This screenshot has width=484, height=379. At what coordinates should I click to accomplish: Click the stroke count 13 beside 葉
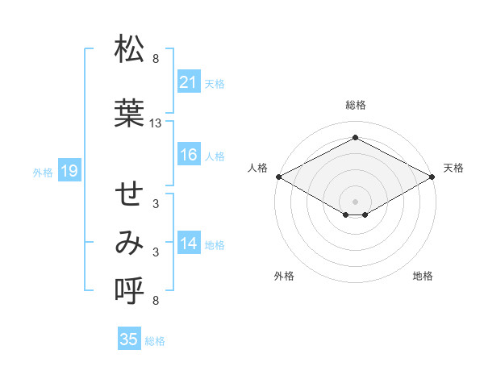point(156,123)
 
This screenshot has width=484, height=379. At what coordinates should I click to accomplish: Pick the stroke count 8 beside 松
point(156,59)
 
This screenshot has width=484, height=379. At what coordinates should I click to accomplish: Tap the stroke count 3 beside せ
point(156,204)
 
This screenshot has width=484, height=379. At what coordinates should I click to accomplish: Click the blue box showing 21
point(189,82)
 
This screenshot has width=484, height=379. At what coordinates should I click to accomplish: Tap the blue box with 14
point(189,244)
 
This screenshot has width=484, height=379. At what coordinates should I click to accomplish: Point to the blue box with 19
point(69,171)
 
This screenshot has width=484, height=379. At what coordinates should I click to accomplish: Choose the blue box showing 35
point(129,339)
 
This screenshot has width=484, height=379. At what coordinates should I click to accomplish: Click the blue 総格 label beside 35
point(155,340)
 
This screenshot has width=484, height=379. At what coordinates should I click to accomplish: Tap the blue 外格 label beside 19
point(43,172)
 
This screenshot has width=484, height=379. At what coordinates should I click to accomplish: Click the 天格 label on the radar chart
point(453,168)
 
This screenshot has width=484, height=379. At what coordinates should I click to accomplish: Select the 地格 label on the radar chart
point(423,276)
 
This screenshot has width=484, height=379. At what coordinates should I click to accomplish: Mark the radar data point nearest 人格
point(278,176)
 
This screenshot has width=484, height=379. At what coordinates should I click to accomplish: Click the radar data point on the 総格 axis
point(355,138)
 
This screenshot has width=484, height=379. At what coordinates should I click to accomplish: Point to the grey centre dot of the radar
point(355,201)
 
